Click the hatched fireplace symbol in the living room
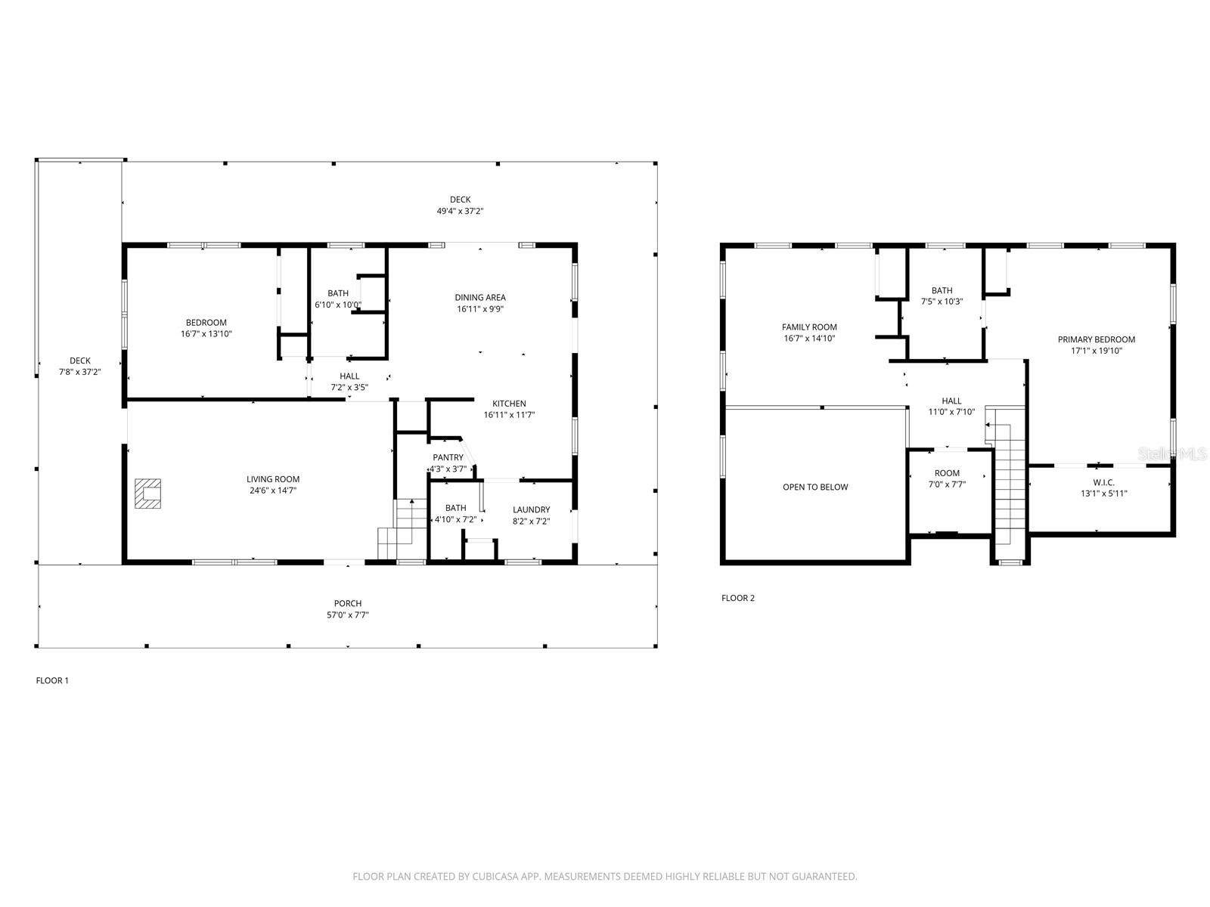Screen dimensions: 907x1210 (148, 494)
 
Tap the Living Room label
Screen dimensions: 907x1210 (273, 479)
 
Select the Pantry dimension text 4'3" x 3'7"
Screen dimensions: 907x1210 (448, 469)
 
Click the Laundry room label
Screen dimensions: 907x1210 (531, 509)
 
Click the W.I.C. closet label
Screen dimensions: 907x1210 (1103, 482)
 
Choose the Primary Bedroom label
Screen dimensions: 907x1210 (1096, 339)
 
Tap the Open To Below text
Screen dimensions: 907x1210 (815, 487)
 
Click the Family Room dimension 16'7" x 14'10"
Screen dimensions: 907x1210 (809, 339)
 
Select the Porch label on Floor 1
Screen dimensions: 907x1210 (348, 603)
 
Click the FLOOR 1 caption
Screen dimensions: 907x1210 (52, 680)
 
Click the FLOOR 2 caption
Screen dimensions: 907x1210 (737, 598)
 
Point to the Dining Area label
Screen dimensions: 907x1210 (479, 297)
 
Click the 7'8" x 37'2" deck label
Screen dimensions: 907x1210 (80, 372)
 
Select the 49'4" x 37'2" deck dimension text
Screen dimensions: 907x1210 (460, 212)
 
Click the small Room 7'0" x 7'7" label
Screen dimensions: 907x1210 (947, 473)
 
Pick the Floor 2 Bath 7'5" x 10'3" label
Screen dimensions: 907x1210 (942, 290)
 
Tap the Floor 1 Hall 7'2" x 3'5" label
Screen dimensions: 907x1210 (349, 376)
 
